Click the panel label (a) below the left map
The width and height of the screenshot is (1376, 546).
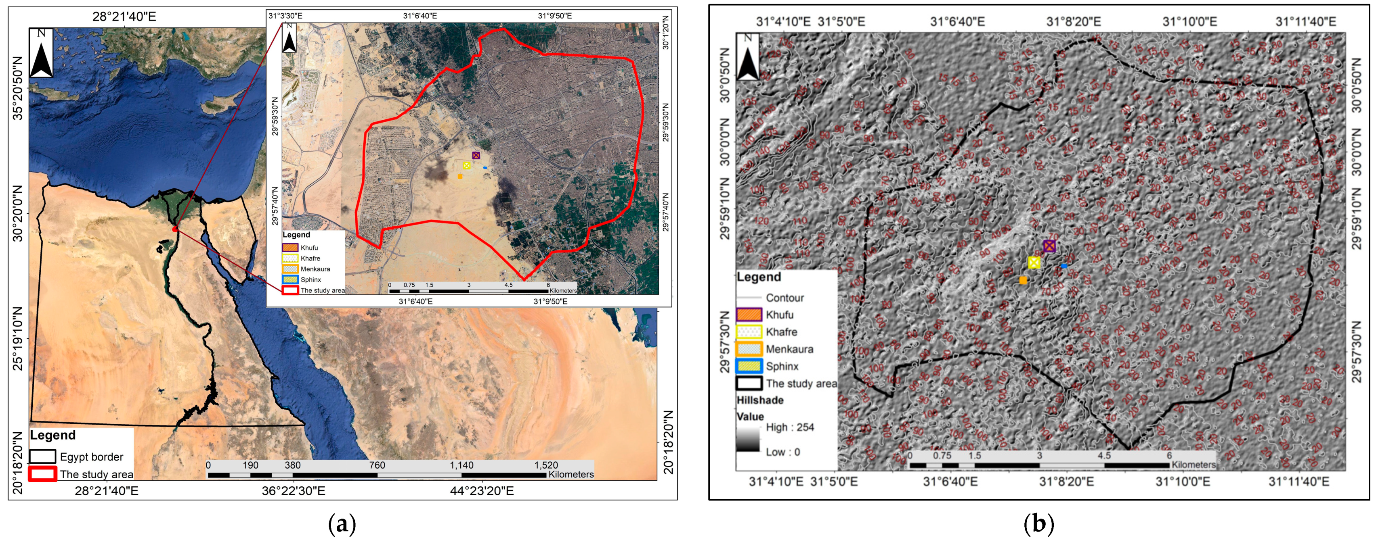342,525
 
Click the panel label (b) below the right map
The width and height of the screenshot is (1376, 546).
1038,525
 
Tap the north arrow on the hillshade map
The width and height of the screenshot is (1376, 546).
748,56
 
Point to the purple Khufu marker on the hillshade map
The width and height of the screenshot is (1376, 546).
1049,246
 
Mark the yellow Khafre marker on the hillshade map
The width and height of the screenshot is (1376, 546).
1034,263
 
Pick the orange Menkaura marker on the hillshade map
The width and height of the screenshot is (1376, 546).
1023,280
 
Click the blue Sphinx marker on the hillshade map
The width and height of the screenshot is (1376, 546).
1064,266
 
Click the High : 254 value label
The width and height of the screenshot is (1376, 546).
789,427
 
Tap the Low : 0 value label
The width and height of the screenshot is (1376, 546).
782,452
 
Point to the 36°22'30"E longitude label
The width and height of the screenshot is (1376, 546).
293,490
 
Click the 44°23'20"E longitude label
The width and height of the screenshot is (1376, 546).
482,490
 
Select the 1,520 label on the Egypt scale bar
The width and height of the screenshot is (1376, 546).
546,465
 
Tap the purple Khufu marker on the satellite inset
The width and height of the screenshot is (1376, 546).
476,155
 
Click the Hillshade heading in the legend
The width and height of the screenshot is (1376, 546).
759,400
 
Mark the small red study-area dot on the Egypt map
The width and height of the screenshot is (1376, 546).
175,229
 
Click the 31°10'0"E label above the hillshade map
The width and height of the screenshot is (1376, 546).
1189,22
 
